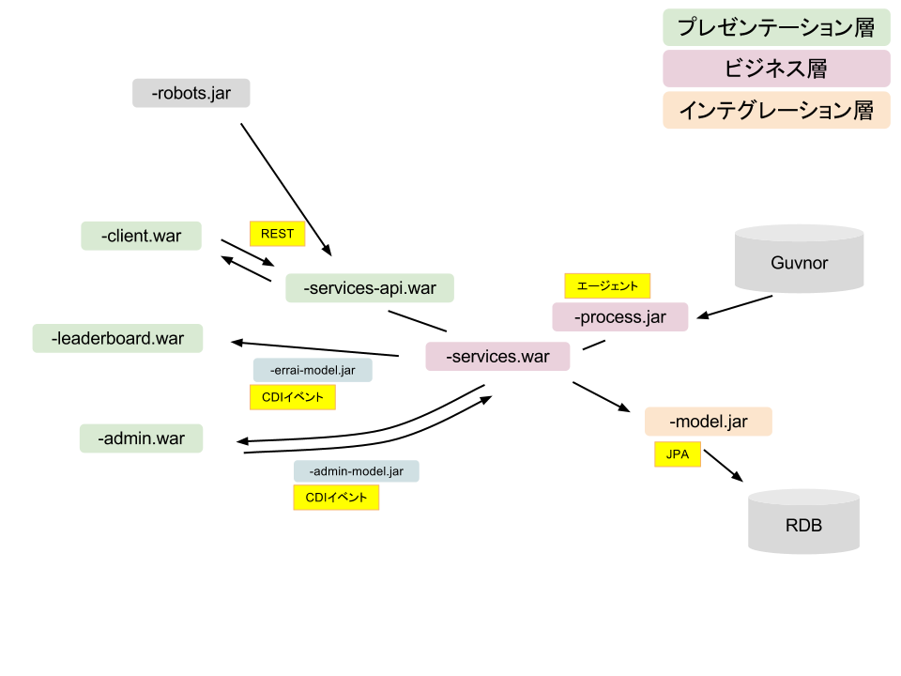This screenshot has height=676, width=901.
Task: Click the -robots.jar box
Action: pyautogui.click(x=191, y=94)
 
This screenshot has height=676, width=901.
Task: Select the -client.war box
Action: pyautogui.click(x=141, y=236)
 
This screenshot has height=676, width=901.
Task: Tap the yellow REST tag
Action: pyautogui.click(x=278, y=234)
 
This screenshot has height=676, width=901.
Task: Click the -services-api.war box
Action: pyautogui.click(x=370, y=288)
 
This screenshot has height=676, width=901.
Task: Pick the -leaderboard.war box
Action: pyautogui.click(x=117, y=338)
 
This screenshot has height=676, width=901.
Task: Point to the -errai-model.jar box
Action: pyautogui.click(x=313, y=371)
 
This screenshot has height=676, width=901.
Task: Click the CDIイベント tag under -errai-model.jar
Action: pyautogui.click(x=293, y=397)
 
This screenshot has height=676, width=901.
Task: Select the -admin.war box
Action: pyautogui.click(x=141, y=438)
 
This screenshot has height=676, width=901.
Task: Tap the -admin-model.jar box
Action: pyautogui.click(x=356, y=471)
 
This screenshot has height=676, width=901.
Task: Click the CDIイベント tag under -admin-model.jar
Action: pyautogui.click(x=336, y=498)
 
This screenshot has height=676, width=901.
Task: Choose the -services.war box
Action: pyautogui.click(x=497, y=357)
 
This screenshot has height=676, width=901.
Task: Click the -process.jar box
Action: pyautogui.click(x=619, y=317)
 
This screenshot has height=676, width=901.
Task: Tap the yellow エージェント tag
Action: pyautogui.click(x=607, y=285)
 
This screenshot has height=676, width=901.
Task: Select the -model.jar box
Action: pyautogui.click(x=708, y=422)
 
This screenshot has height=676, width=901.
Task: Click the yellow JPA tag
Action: pyautogui.click(x=677, y=454)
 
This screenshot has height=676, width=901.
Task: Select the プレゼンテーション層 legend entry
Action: pyautogui.click(x=776, y=28)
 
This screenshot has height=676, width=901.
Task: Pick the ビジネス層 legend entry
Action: pyautogui.click(x=776, y=69)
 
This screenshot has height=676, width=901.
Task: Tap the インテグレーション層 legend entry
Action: pyautogui.click(x=776, y=111)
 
